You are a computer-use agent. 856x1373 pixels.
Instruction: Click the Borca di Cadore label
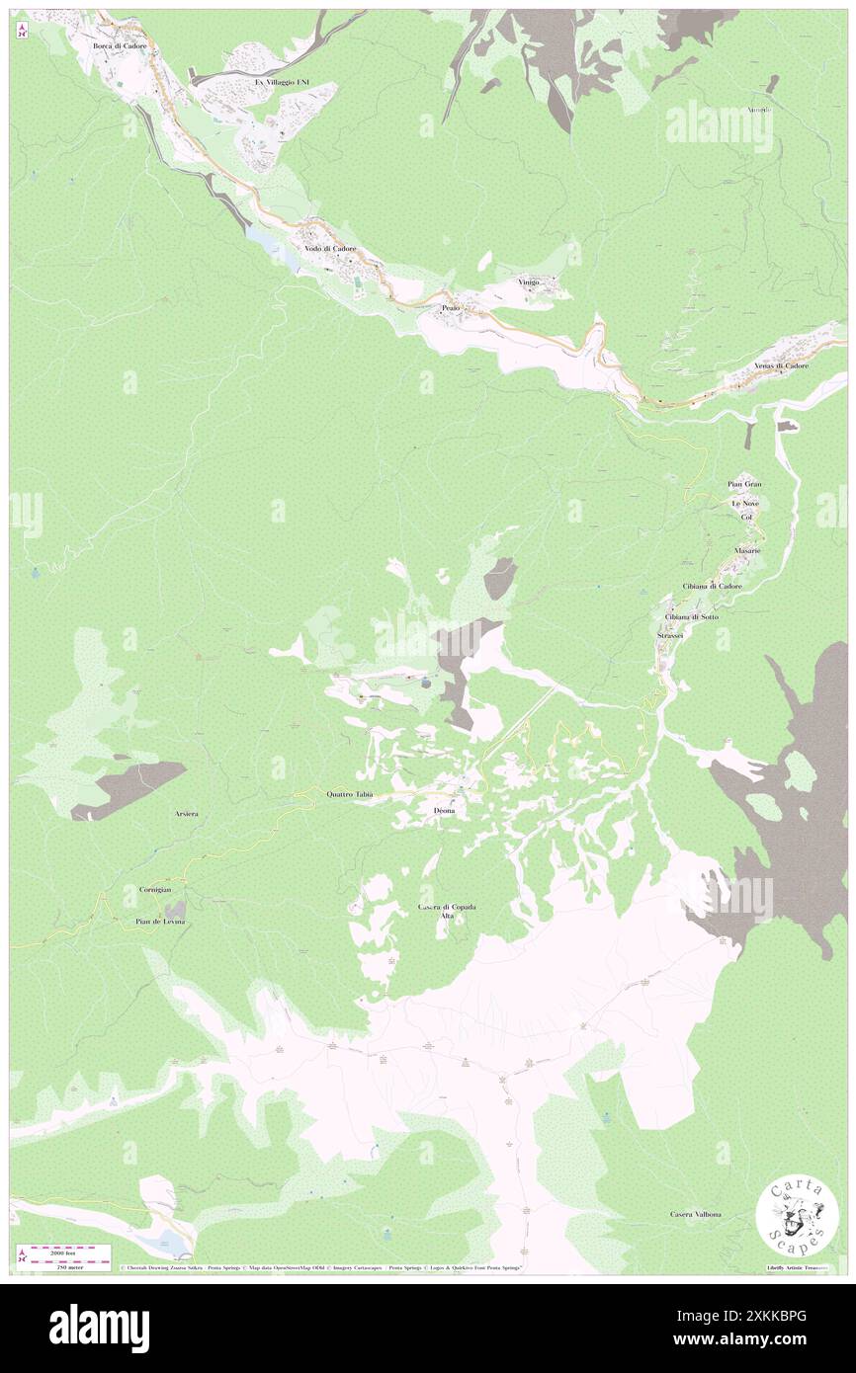tap(120, 32)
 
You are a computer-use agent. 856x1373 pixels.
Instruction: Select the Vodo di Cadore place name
tap(331, 248)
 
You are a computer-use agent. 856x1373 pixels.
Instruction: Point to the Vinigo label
tap(529, 283)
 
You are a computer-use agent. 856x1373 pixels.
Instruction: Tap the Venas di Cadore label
tap(781, 365)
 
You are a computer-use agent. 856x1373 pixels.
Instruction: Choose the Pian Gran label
tap(744, 484)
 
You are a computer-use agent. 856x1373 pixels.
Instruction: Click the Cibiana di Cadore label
tap(712, 586)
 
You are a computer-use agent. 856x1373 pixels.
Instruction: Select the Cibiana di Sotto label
tap(692, 616)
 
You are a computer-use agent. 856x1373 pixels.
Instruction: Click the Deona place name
tap(444, 810)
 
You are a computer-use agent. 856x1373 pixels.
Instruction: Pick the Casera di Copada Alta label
tap(447, 911)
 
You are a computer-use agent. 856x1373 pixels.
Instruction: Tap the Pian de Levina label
tap(160, 921)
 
